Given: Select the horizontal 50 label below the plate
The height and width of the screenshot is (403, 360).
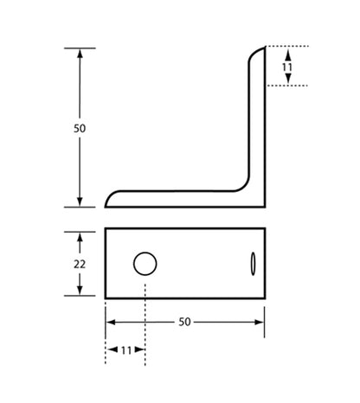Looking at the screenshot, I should coord(184,321).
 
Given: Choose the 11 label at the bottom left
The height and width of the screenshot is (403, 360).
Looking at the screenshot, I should coord(125,350).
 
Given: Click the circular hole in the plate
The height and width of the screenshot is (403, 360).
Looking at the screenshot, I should coord(145,263).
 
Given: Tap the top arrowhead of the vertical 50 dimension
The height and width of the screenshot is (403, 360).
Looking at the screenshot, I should coord(80,52).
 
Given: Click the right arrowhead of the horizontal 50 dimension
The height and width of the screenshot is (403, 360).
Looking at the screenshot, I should coord(259,321).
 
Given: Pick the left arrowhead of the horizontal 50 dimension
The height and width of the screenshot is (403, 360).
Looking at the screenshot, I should coord(111,321).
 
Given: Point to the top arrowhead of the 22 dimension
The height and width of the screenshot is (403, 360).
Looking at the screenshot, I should coord(80,235).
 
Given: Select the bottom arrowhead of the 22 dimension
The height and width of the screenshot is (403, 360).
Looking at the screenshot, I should coord(80,291).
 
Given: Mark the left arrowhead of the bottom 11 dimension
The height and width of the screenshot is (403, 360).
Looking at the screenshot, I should coord(111,350).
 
